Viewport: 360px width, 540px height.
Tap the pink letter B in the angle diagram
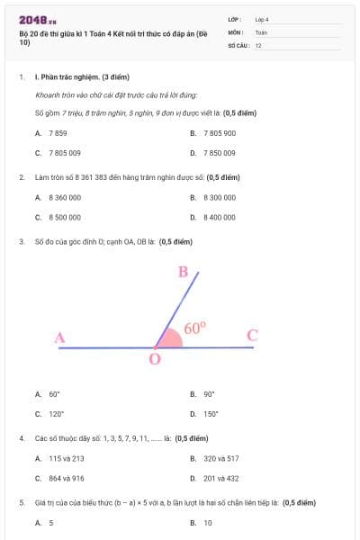click(183, 272)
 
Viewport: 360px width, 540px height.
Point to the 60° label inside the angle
click(195, 328)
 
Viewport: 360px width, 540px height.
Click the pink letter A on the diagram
click(59, 338)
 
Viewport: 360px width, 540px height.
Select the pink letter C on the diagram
click(252, 336)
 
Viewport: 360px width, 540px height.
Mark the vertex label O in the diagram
click(154, 359)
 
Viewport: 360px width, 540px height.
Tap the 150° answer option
click(210, 414)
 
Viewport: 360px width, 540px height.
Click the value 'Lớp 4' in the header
click(262, 19)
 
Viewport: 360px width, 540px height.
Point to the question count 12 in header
click(258, 45)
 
